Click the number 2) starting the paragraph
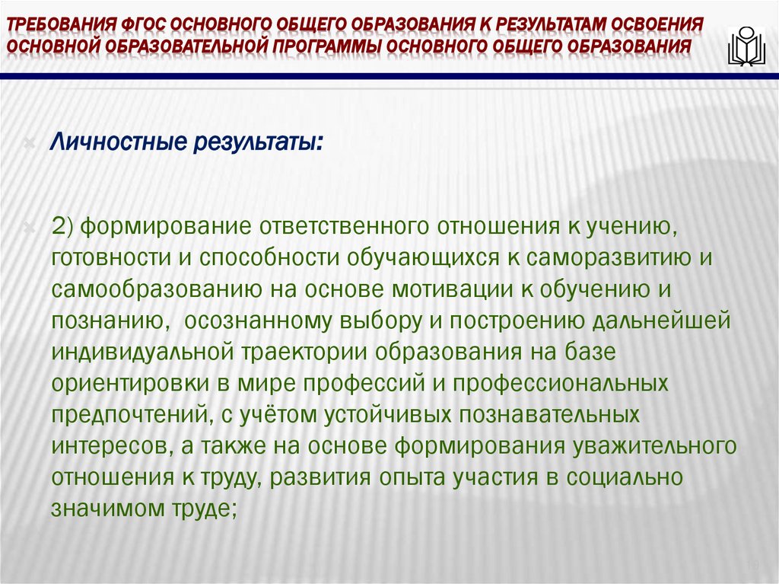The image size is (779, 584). pos(62,225)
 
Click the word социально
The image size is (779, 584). pos(635,478)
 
